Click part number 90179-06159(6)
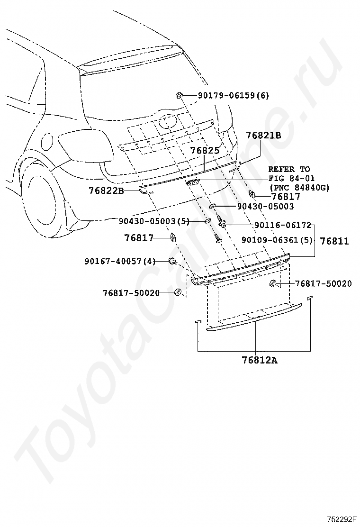coord(233,95)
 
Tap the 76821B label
coord(264,135)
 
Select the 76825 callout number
coord(205,150)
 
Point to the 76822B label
coord(106,191)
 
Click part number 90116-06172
coord(283,225)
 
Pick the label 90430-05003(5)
coord(154,221)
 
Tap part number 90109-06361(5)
coord(277,240)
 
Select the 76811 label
coord(334,241)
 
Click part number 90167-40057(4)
coord(120,261)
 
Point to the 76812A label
coord(260,360)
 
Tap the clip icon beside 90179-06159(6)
coord(179,96)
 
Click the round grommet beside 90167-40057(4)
coord(172,261)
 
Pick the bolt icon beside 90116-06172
coord(222,221)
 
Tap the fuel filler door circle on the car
coord(47,143)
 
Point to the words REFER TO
coord(289,169)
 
